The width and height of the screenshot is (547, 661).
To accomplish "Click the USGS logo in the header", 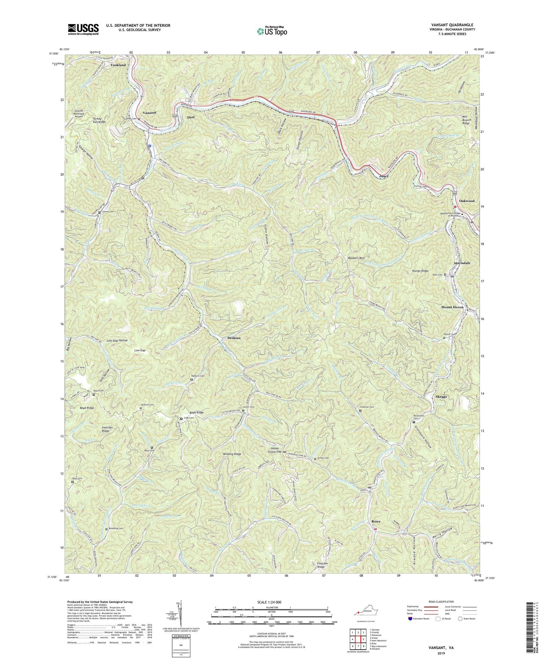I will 83,29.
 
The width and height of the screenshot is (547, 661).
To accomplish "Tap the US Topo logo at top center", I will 271,31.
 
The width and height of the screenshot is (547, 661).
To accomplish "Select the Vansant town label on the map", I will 149,113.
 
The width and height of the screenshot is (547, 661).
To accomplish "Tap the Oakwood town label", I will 466,201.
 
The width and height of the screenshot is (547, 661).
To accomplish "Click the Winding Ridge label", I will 232,454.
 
